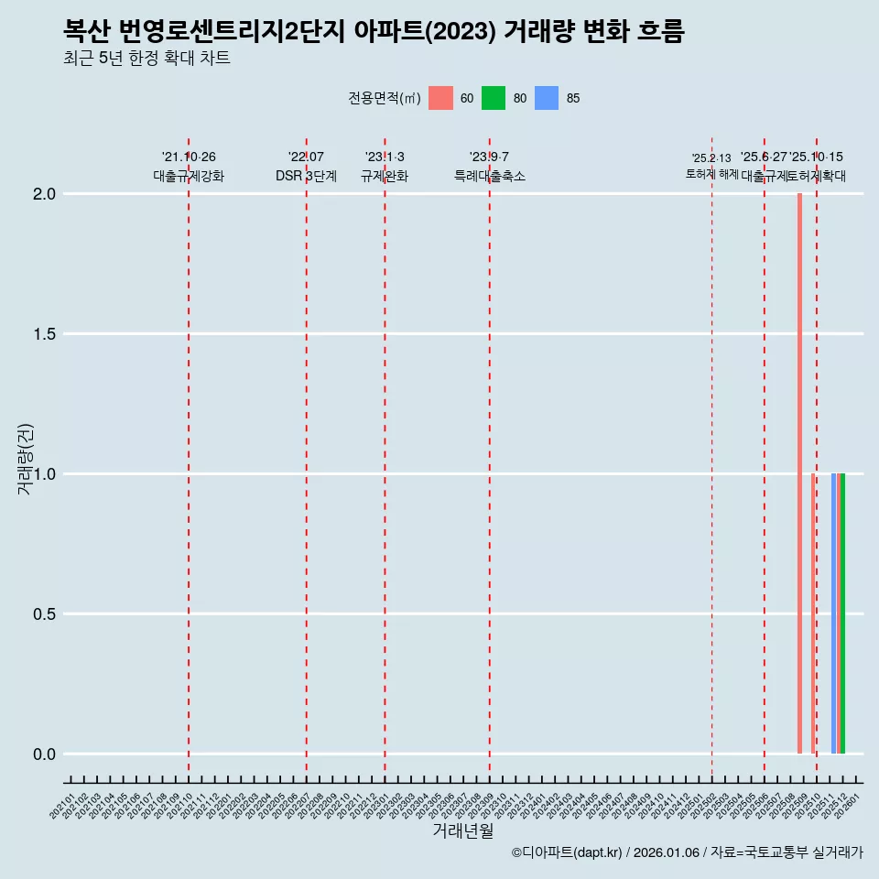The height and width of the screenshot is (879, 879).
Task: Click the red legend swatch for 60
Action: tap(440, 98)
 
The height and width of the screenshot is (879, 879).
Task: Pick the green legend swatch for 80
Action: tap(494, 98)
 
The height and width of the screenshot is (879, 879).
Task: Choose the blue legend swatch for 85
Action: tap(547, 98)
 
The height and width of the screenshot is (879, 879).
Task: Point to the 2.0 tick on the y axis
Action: tap(45, 194)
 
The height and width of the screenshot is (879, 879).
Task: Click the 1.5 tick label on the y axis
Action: tap(45, 334)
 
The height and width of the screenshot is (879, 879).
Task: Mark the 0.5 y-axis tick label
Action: tap(45, 614)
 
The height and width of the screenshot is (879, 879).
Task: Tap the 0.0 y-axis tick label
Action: tap(45, 754)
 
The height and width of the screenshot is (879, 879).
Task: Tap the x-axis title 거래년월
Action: tap(462, 831)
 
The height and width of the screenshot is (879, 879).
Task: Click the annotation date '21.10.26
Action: tap(189, 157)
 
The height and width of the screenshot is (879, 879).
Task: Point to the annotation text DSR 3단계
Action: tap(306, 177)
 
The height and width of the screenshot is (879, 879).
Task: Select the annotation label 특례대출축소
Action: tap(490, 177)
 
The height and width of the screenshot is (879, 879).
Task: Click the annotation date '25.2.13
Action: tap(711, 158)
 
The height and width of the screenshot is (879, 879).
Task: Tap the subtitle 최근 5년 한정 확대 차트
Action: tap(146, 59)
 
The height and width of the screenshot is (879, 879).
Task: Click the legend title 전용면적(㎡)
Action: tap(385, 99)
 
